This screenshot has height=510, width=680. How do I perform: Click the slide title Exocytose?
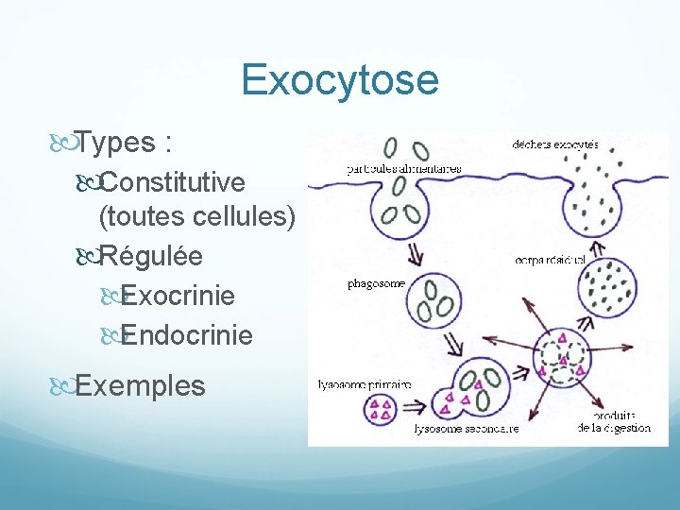[340, 79]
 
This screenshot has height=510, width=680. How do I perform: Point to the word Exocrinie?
[178, 296]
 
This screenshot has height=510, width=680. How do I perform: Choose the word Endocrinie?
[187, 334]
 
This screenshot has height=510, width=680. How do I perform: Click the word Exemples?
[140, 385]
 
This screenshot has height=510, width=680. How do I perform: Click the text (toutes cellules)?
[197, 218]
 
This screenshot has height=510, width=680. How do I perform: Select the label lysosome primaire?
[365, 384]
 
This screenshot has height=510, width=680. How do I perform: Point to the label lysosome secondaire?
[467, 429]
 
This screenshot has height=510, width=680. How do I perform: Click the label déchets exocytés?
[555, 144]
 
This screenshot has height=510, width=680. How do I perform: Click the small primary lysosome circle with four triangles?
[382, 409]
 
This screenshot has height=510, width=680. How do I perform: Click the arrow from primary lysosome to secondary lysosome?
[414, 407]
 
